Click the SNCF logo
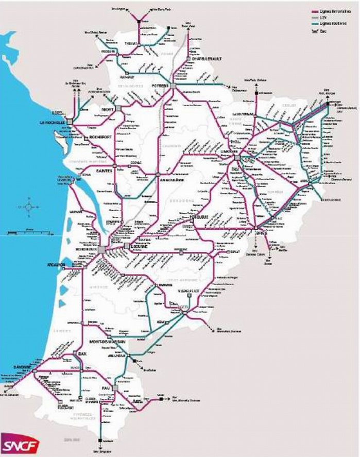(15, 443)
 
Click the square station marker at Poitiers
(175, 86)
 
